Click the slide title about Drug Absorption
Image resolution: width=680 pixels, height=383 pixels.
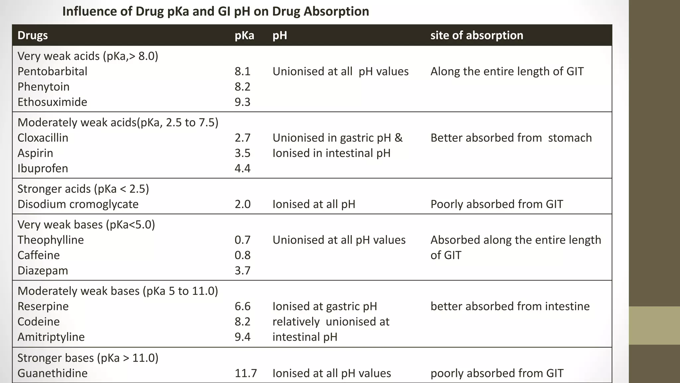(215, 12)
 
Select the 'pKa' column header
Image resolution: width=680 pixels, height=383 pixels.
(244, 35)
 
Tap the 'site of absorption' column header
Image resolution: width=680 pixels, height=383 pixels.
(476, 35)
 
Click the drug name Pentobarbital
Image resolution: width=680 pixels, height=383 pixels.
(52, 71)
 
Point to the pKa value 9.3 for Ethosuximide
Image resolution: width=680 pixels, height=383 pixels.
(242, 102)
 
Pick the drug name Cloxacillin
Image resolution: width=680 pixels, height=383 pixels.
(43, 138)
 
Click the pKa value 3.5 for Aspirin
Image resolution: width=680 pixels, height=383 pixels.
(242, 153)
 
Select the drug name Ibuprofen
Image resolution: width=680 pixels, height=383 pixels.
(42, 169)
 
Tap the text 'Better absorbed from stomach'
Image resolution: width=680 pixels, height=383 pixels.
(511, 138)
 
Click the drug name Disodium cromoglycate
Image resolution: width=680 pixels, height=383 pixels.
(78, 204)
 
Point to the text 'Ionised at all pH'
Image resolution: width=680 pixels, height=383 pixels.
(313, 204)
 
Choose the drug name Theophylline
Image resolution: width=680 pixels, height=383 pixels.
(50, 240)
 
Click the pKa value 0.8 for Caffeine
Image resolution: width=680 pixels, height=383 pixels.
(242, 255)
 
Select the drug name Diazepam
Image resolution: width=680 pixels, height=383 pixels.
(42, 271)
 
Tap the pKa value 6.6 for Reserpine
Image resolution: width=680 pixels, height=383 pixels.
(242, 307)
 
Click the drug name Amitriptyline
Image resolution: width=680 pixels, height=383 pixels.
(51, 337)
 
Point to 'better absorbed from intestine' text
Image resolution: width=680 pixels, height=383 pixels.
(510, 307)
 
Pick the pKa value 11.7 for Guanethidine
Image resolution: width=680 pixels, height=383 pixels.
(246, 373)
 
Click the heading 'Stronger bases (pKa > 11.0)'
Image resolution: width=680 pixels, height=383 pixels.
(88, 358)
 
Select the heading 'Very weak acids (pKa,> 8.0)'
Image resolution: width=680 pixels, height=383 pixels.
(88, 56)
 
